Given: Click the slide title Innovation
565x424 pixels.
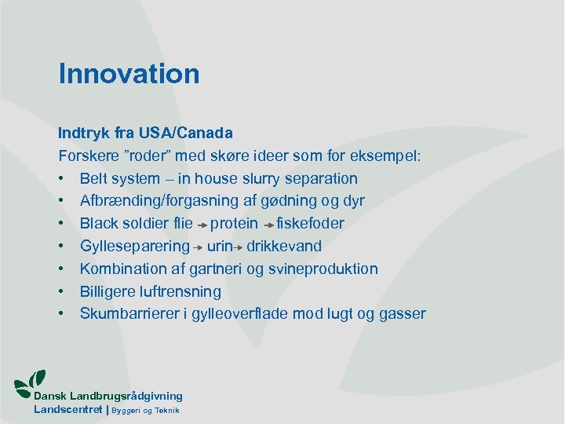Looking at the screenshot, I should click(129, 74).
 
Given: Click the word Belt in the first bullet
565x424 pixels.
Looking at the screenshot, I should click(96, 179).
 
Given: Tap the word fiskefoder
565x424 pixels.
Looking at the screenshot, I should click(310, 224).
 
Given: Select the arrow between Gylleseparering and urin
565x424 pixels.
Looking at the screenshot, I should click(199, 247).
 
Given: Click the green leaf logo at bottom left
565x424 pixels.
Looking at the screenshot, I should click(31, 381).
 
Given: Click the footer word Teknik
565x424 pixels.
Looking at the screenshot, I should click(166, 411).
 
